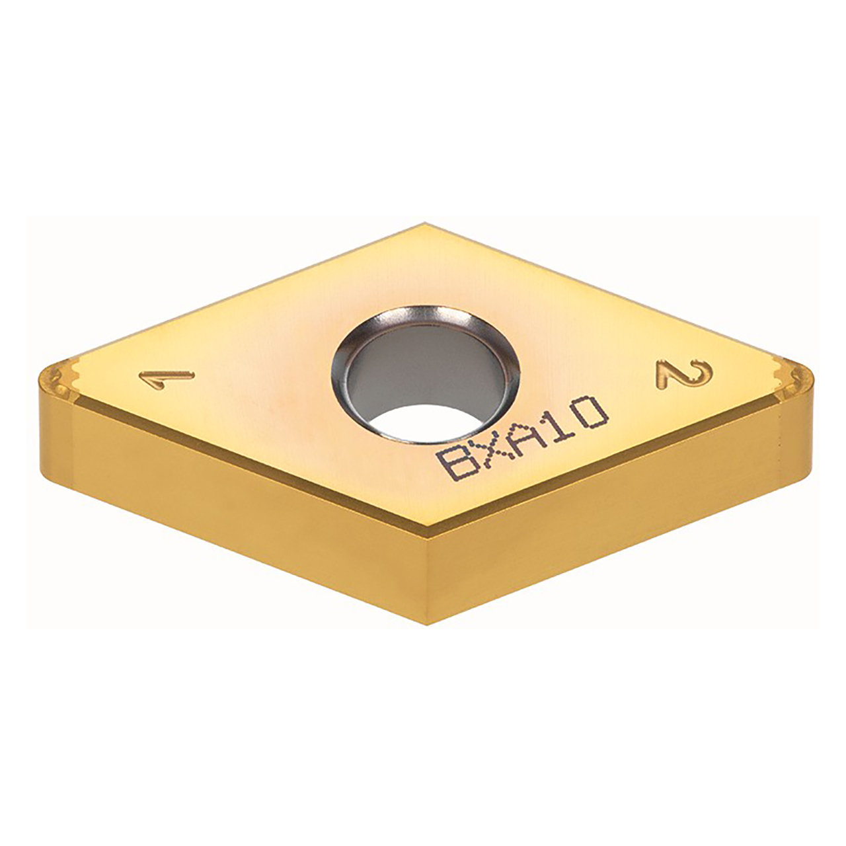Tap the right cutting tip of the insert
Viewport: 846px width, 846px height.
coord(809,381)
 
